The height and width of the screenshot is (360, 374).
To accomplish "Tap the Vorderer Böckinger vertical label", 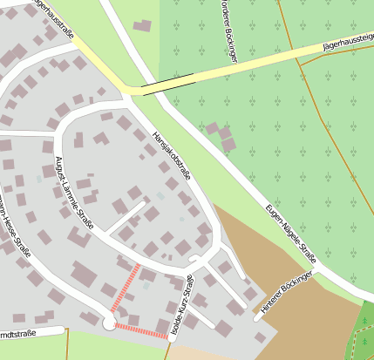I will tap(230, 31).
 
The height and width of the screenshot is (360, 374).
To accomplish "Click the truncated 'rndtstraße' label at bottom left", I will tap(17, 333).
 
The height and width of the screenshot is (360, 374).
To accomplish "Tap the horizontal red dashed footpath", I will tap(141, 330).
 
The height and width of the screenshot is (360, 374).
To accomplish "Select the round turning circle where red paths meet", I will tap(109, 323).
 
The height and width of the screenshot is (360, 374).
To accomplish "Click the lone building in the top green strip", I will tap(142, 26).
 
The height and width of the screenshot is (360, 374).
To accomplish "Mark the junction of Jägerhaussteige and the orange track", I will tap(294, 50).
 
